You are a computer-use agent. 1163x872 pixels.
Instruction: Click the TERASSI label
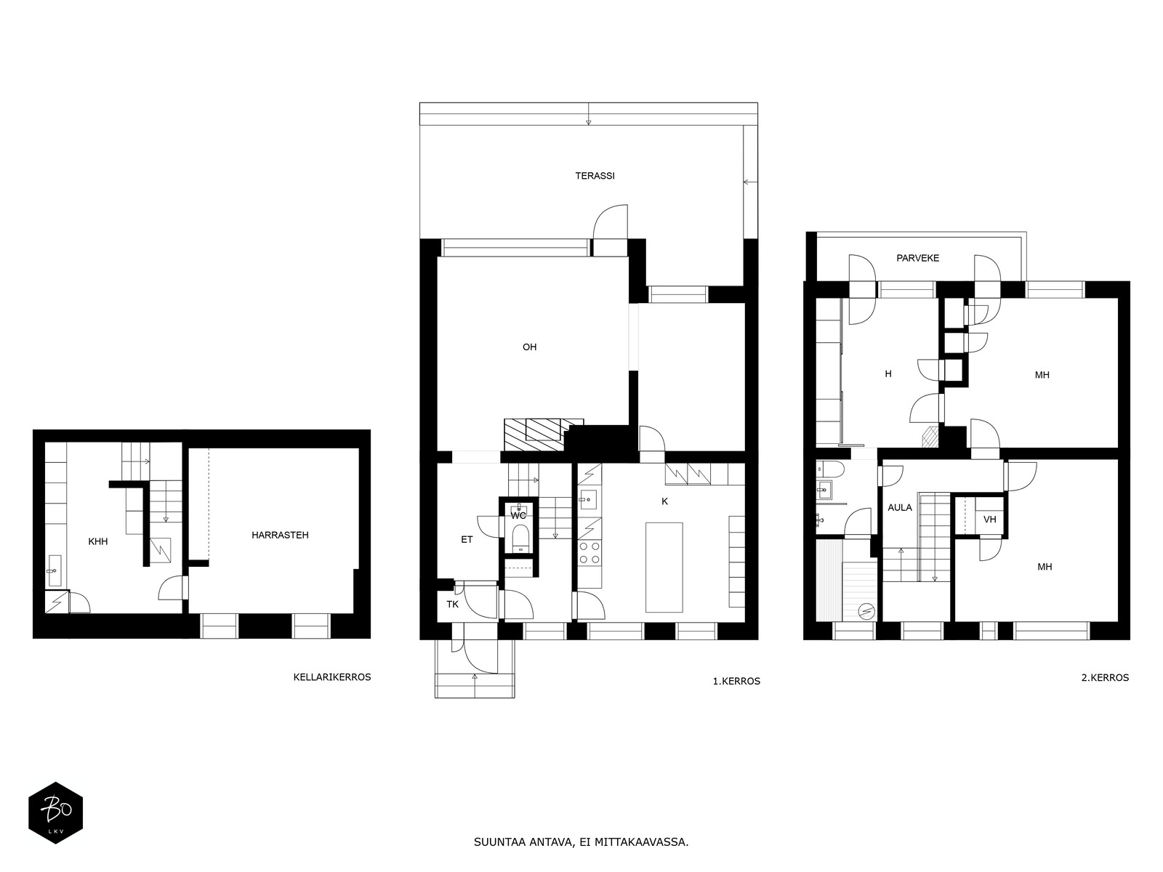[x=595, y=176]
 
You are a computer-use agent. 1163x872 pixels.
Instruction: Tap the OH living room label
[x=529, y=347]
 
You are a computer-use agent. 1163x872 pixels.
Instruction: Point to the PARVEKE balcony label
[x=917, y=258]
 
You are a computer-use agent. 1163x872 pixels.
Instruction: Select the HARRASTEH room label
[x=280, y=535]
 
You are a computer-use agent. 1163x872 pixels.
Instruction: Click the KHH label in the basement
[x=98, y=541]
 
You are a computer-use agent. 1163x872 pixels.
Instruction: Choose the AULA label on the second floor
[x=900, y=507]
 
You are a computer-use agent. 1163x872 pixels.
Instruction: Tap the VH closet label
[x=990, y=520]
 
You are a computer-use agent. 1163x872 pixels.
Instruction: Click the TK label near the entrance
[x=453, y=604]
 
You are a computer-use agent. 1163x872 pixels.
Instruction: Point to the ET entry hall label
[x=466, y=539]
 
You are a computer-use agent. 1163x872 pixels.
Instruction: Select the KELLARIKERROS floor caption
[x=332, y=677]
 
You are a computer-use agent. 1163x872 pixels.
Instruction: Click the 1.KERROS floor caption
[x=736, y=681]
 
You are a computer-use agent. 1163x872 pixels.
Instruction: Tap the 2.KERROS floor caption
[x=1105, y=677]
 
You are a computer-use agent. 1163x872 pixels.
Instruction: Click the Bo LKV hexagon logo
[x=56, y=812]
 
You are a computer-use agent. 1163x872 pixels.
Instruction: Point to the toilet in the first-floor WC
[x=520, y=538]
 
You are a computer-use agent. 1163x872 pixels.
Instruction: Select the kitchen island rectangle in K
[x=664, y=567]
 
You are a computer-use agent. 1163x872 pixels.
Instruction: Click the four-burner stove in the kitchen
[x=589, y=553]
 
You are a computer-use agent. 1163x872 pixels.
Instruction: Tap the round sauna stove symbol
[x=866, y=612]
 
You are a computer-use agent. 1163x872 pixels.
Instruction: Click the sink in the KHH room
[x=55, y=570]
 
